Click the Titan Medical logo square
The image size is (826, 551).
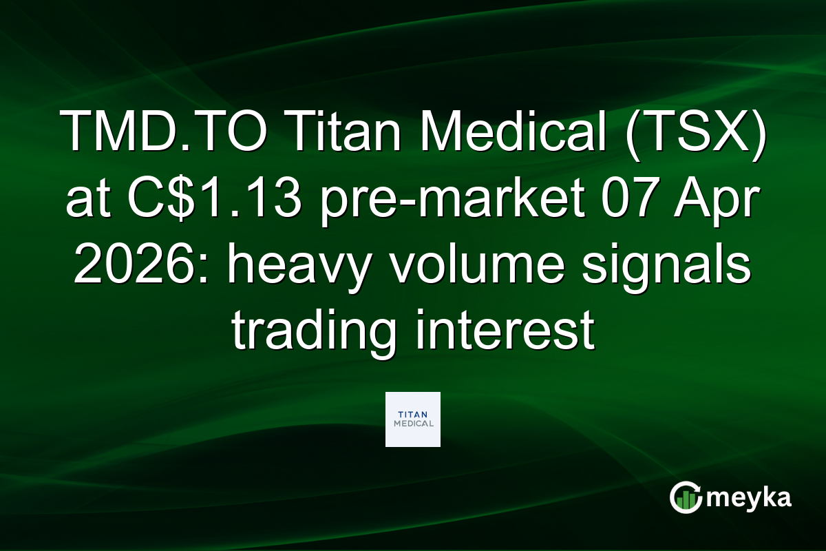click(x=413, y=419)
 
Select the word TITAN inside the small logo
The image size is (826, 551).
click(x=413, y=415)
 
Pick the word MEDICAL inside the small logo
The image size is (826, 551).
click(x=413, y=424)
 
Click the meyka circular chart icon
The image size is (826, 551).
click(x=686, y=497)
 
